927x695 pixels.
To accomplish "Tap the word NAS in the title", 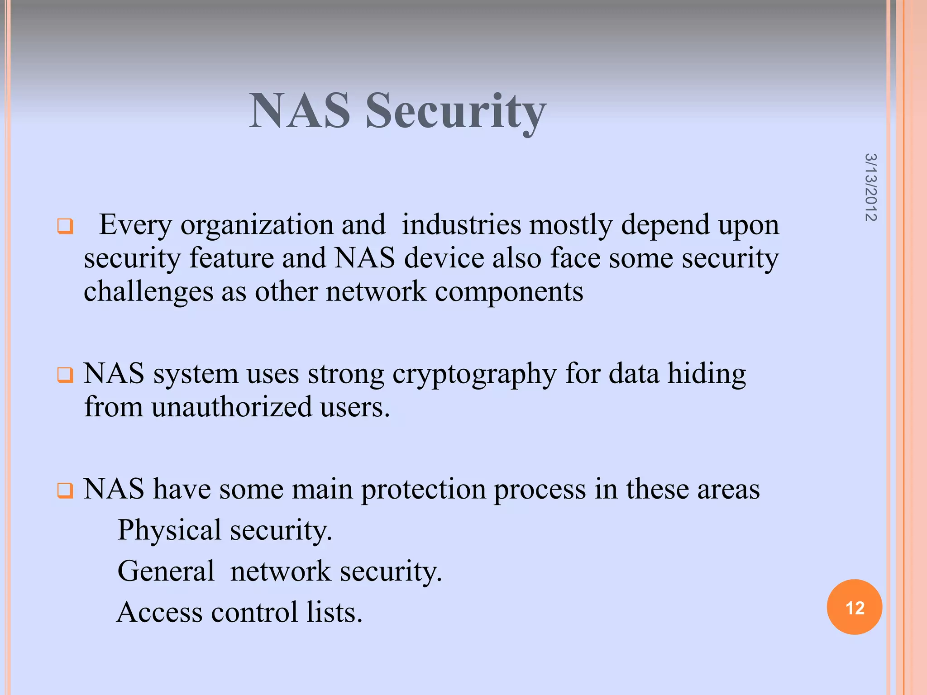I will pos(300,111).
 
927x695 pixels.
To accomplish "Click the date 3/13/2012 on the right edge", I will pos(870,187).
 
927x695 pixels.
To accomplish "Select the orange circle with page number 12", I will pos(854,607).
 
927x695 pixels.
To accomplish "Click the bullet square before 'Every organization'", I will pos(65,226).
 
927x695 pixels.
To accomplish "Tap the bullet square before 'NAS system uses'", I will pos(65,375).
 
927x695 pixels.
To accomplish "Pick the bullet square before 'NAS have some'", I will pos(65,490).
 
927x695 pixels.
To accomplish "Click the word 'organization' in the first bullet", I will pos(257,225).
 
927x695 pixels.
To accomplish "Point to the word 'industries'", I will pos(461,224).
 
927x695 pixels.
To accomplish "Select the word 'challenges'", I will pos(148,292).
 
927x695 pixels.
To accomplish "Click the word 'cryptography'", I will pos(474,375).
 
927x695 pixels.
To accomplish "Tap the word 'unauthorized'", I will pos(231,407).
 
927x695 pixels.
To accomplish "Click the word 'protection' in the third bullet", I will pos(423,490).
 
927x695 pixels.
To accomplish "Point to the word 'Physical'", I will pos(169,531).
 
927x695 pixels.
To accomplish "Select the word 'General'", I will pos(166,571).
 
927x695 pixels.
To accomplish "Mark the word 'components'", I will pos(509,292).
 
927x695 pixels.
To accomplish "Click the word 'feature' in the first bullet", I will pos(231,258).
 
